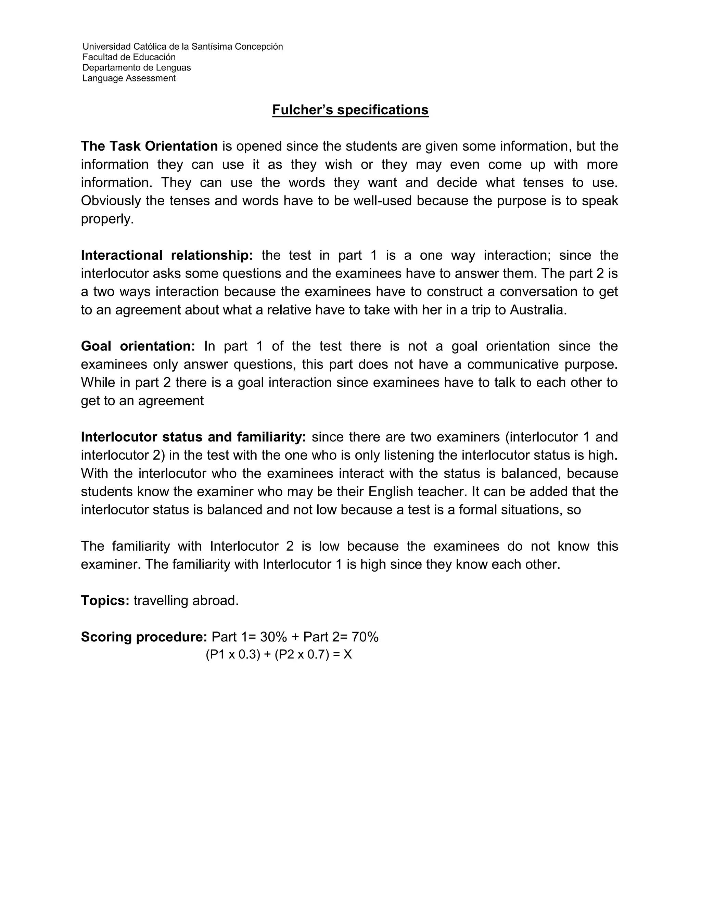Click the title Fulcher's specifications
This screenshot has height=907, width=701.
(350, 110)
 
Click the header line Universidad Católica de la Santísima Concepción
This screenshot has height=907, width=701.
(182, 47)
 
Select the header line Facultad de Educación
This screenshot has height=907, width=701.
(129, 57)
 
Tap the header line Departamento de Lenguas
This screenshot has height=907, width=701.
(137, 68)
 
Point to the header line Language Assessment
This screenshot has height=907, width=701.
(129, 78)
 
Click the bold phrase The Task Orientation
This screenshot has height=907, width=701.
(149, 146)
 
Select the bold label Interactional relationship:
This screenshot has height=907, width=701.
(167, 255)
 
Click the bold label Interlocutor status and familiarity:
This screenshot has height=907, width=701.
(193, 437)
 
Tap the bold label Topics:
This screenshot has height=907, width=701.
(105, 601)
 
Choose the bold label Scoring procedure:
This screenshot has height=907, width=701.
(144, 637)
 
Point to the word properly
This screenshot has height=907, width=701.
(107, 219)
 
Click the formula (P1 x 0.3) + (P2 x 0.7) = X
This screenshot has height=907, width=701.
(279, 655)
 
